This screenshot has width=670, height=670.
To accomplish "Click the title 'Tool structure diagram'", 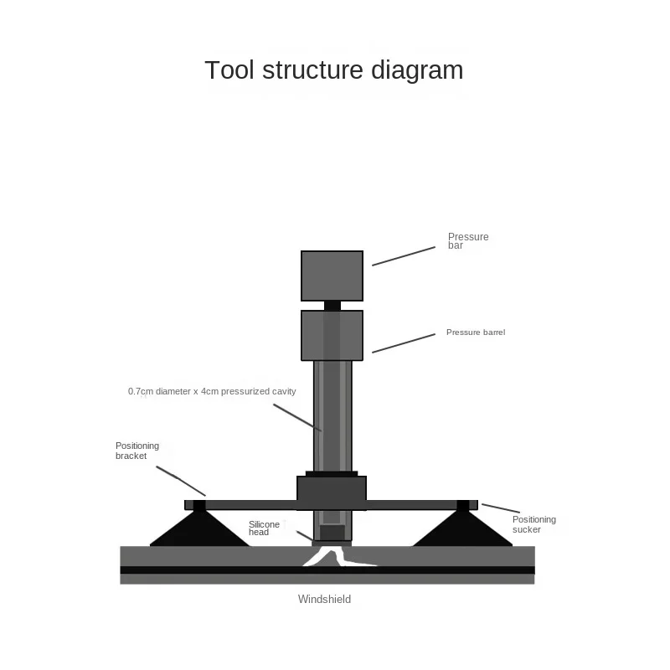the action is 333,70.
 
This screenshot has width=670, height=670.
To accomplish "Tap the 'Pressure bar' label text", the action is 468,241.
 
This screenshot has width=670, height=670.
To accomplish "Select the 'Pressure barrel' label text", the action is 476,332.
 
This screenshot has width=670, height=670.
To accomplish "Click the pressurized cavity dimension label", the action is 212,391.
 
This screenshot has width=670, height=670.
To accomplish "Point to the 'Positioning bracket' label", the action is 137,451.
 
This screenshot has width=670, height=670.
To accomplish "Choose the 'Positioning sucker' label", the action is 534,524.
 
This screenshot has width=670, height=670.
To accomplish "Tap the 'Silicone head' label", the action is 264,528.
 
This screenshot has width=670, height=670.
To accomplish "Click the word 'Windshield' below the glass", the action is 324,599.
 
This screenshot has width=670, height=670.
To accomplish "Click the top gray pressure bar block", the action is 332,276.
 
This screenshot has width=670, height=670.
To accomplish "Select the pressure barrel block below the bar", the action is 332,336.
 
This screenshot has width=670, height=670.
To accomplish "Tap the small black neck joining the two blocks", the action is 332,306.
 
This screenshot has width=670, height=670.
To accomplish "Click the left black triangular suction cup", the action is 199,528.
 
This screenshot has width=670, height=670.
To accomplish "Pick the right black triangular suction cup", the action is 463,528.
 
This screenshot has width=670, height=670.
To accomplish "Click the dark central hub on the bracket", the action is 332,492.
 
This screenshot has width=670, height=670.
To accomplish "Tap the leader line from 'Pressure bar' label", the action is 404,256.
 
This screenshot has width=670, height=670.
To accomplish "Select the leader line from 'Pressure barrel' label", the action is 404,343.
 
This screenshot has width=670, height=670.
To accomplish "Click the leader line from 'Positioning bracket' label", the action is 181,481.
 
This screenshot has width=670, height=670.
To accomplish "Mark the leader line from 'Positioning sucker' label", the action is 501,508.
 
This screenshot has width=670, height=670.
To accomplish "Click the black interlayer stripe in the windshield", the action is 327,570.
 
